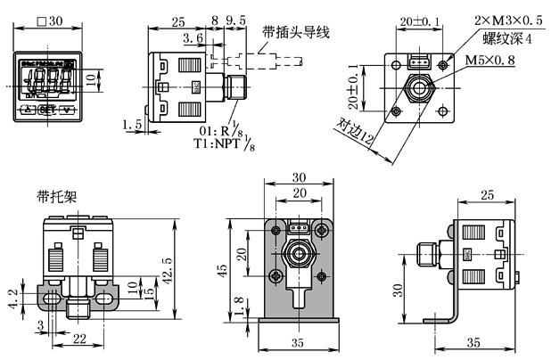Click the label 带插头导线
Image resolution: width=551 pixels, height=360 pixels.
click(297, 33)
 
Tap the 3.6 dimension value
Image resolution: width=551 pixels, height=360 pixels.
click(192, 39)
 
